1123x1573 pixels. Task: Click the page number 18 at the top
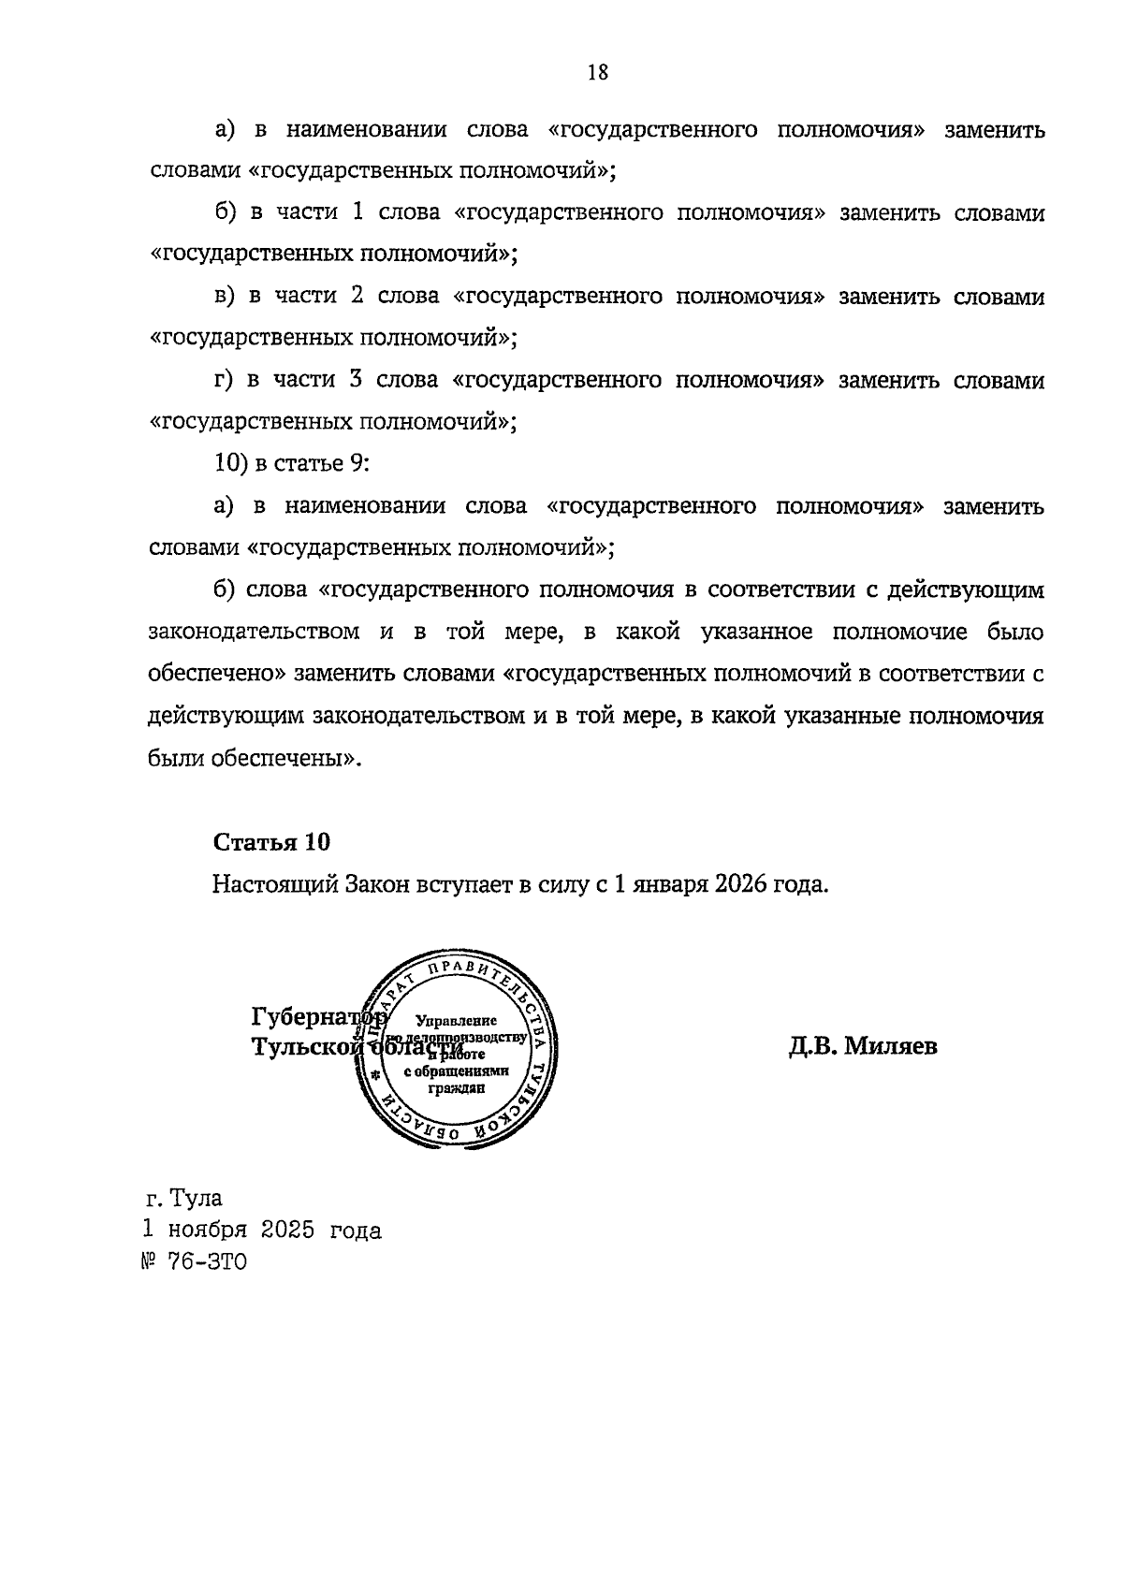pos(598,72)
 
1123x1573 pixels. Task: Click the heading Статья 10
pos(271,842)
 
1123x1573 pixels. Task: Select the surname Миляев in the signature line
pos(890,1046)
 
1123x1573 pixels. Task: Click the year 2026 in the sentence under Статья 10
pos(739,884)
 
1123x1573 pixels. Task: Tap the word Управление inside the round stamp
pos(457,1021)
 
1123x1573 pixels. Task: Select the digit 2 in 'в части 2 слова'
pos(357,297)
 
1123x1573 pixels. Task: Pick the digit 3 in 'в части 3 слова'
pos(357,381)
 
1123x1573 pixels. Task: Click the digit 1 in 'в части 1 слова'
pos(357,213)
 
